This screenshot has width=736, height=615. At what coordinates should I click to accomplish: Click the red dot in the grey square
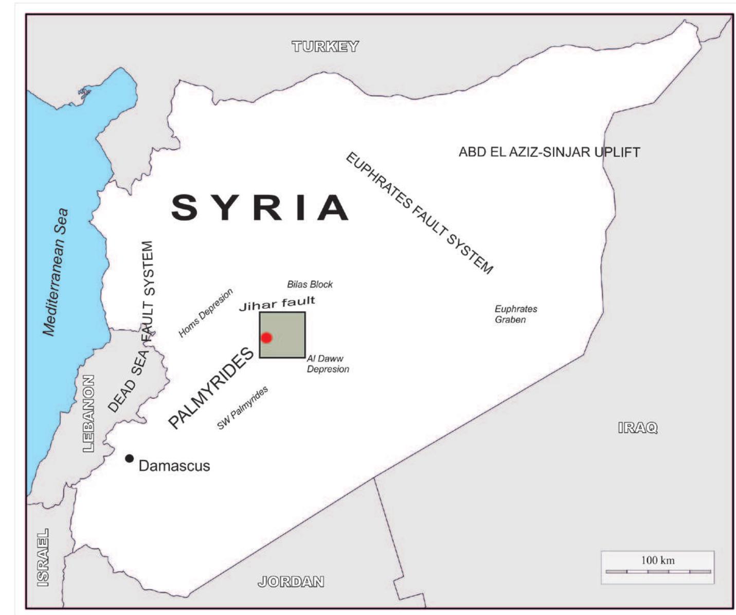point(266,338)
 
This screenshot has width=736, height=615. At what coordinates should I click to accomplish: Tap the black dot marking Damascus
point(130,458)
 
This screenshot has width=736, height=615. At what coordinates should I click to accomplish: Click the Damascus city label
point(174,466)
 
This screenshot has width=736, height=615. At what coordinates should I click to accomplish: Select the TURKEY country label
point(325,47)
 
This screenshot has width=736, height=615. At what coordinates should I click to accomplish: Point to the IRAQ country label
point(638,428)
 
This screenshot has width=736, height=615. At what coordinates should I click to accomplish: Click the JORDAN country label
point(291,582)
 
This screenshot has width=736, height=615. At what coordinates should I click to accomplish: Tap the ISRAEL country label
point(43,557)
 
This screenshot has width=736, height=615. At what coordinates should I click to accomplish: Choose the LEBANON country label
point(88,413)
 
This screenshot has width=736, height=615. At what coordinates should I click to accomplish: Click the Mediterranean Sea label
point(56,272)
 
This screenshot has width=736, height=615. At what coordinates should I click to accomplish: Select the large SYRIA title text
point(260,207)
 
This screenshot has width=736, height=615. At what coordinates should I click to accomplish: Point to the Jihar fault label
point(277,304)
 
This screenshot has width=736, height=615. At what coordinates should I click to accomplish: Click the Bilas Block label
point(310,284)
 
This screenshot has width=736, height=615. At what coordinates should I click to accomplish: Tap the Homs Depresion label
point(205,313)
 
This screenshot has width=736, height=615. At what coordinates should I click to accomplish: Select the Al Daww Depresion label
point(327,364)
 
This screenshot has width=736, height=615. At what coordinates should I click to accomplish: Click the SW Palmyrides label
point(242,408)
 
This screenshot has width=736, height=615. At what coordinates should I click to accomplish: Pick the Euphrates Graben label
point(515,314)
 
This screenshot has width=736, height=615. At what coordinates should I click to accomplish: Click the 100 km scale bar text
point(657,560)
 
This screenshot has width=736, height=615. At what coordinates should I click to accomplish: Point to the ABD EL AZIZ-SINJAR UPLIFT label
point(549,152)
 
